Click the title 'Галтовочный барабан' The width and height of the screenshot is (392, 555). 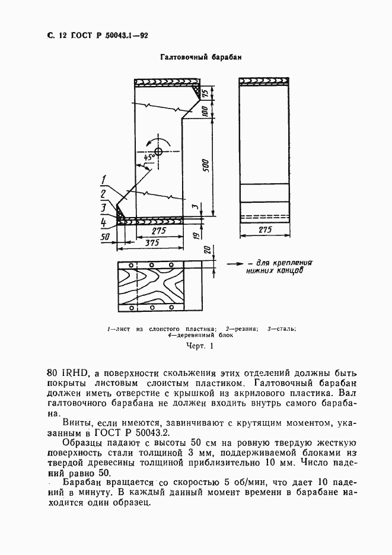point(195,58)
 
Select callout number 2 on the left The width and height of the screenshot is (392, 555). point(103,194)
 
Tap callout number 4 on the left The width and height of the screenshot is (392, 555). point(103,222)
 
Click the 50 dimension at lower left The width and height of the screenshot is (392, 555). point(106,236)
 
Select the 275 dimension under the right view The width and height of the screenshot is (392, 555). point(265,229)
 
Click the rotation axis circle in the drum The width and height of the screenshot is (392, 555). point(158,152)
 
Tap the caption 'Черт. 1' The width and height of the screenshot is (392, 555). point(199,346)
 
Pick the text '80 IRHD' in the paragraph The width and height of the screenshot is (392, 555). point(67,373)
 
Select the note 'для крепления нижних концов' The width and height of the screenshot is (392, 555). point(278,266)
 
